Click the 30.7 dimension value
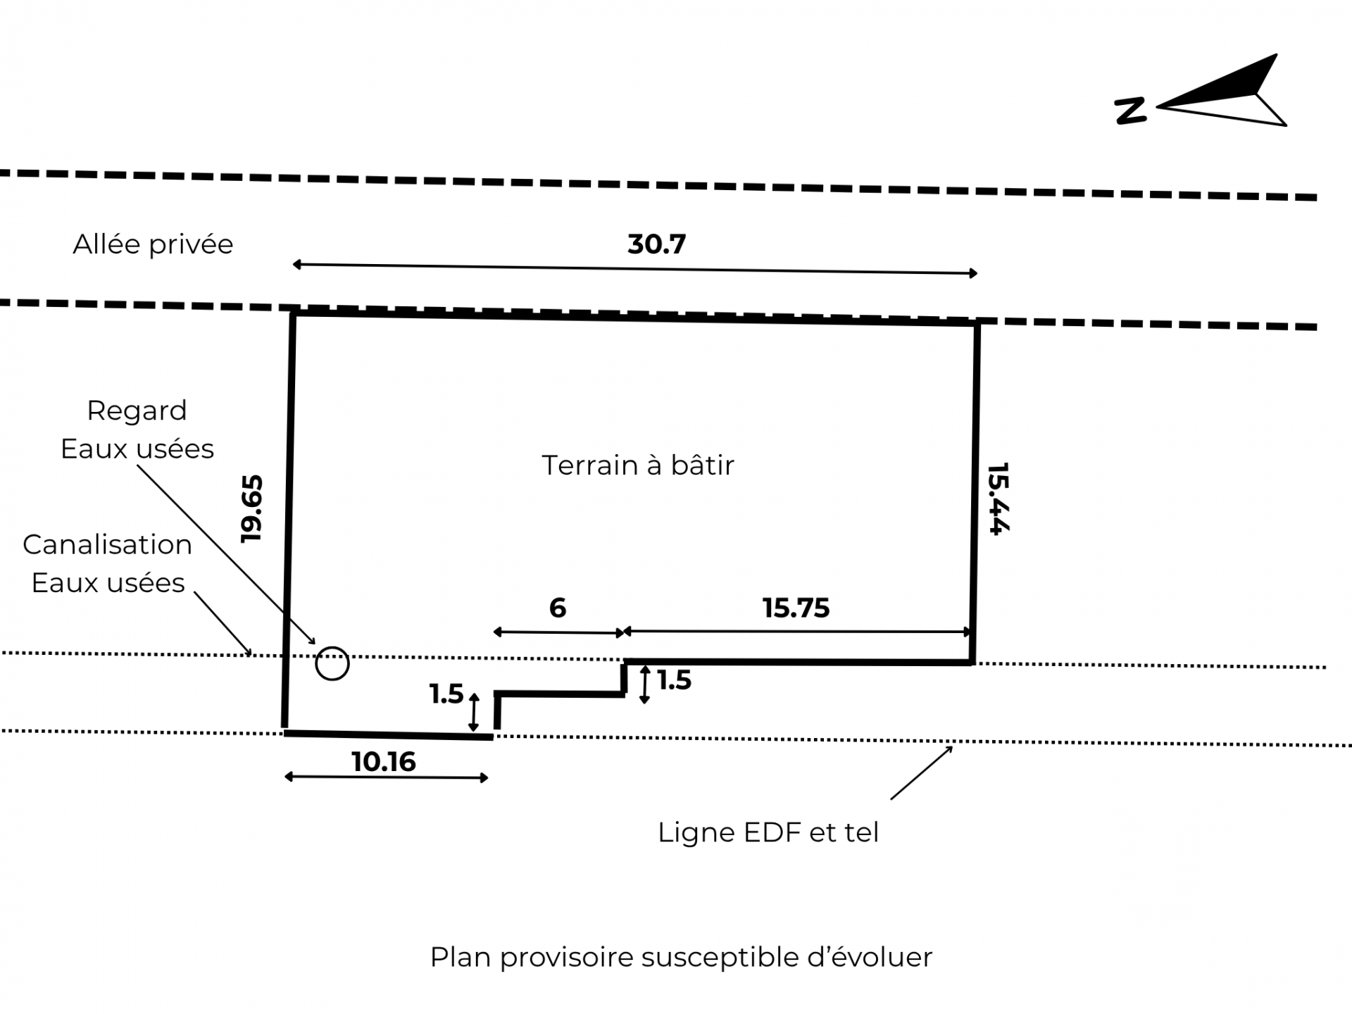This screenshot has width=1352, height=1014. [x=656, y=244]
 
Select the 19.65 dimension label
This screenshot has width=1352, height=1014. [x=251, y=508]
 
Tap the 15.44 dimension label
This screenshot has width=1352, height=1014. [x=999, y=499]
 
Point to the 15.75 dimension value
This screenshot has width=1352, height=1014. [x=796, y=608]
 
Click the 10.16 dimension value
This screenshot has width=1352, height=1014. [x=384, y=761]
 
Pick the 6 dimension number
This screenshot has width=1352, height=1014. [x=557, y=608]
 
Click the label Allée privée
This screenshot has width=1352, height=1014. [x=153, y=244]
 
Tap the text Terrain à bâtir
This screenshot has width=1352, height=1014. [x=637, y=465]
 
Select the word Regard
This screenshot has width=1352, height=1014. [x=137, y=411]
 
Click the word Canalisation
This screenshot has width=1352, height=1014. [x=107, y=544]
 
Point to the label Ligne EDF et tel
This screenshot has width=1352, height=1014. [x=768, y=832]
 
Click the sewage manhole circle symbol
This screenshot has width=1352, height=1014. [x=332, y=663]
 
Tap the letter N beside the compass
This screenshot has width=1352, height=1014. [x=1130, y=111]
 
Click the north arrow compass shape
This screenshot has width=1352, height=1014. [x=1229, y=95]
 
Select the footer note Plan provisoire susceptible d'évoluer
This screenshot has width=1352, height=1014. [x=681, y=958]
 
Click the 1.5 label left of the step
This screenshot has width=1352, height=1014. [x=446, y=694]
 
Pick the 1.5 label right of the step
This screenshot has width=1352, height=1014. [x=674, y=680]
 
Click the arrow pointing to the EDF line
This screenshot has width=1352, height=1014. [x=921, y=773]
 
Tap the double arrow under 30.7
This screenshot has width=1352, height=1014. [x=634, y=268]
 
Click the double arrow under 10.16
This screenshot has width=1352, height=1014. [x=386, y=777]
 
